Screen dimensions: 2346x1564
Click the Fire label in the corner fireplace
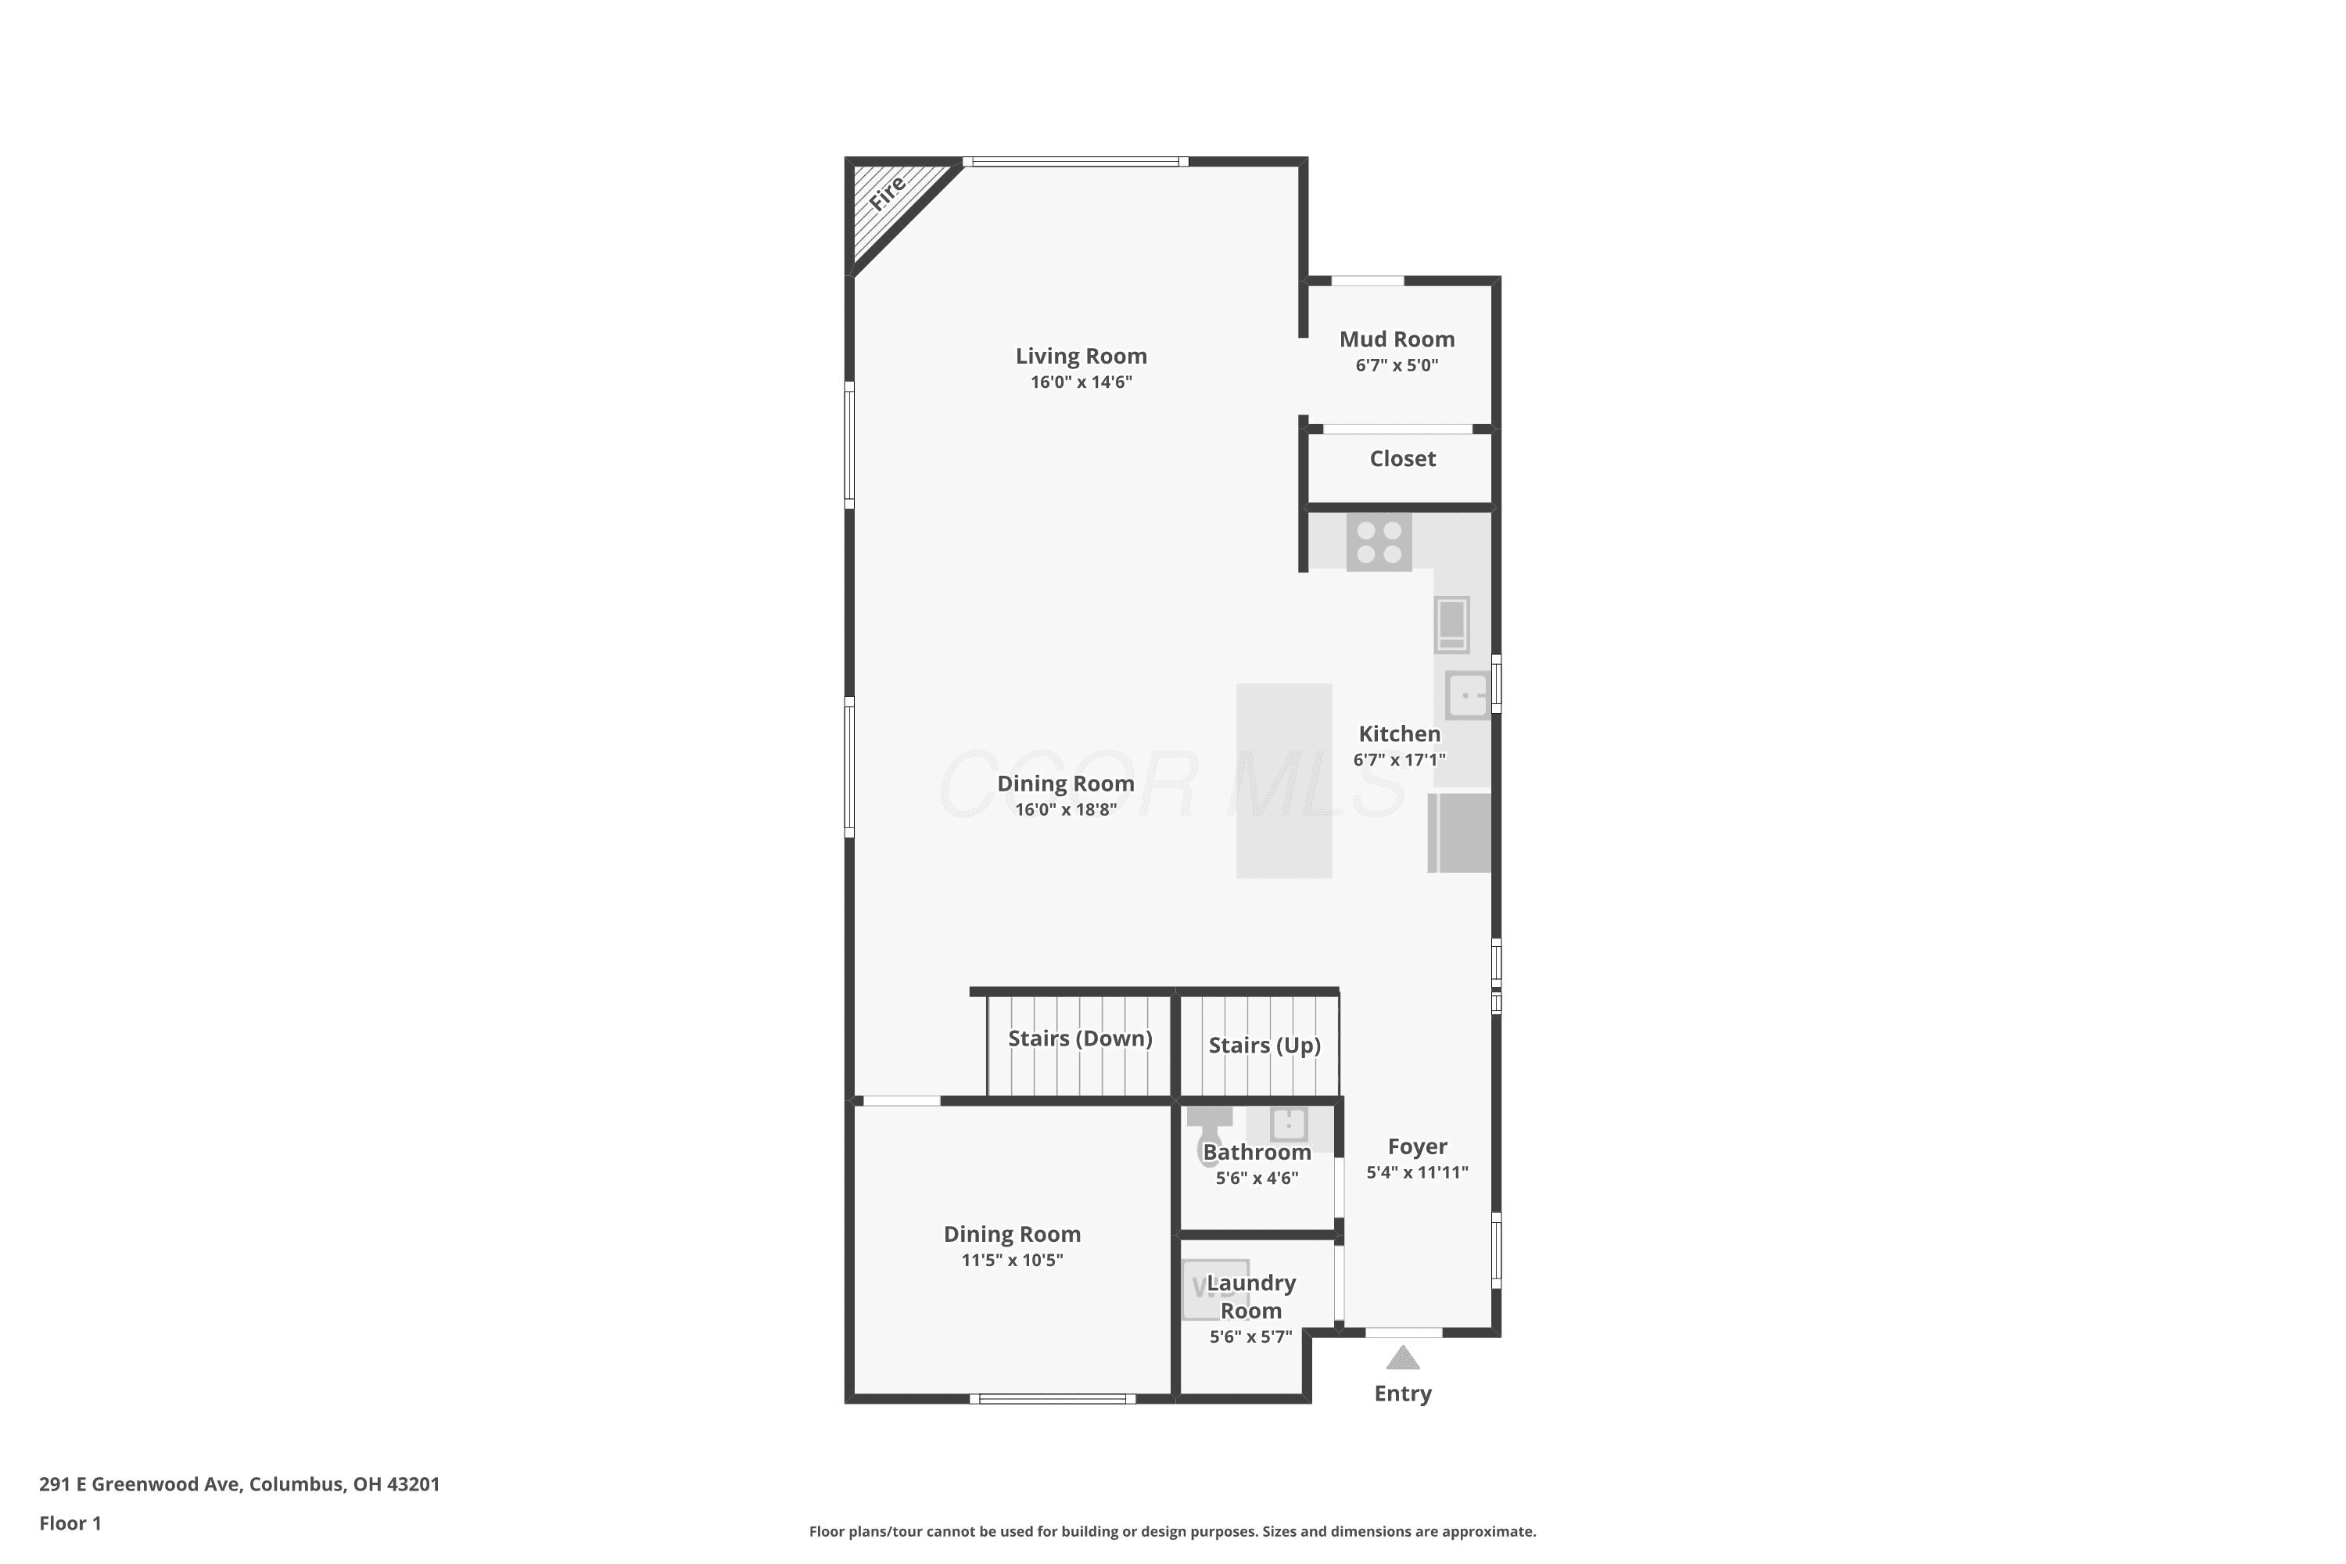(887, 192)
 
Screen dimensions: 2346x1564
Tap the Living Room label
(1082, 356)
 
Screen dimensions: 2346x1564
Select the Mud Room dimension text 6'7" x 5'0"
(1397, 365)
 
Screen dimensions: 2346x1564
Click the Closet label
(1402, 459)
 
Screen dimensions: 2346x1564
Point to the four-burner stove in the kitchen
(1379, 543)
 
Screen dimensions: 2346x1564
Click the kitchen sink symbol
(1467, 695)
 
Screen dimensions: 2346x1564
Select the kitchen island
(1285, 781)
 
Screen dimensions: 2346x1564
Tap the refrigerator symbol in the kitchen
(1460, 833)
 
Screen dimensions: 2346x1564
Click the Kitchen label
(1400, 734)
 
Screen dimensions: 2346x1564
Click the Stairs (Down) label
(1080, 1038)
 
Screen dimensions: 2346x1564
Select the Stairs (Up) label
(1264, 1046)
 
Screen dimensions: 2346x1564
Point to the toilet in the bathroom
(1209, 1136)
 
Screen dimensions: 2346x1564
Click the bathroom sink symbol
(1289, 1125)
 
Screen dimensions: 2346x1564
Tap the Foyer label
(1417, 1147)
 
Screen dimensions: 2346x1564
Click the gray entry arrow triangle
(1402, 1358)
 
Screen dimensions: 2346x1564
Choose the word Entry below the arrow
(1402, 1394)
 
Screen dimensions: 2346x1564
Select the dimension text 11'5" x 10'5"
(1013, 1261)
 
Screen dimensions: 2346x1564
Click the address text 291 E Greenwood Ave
(140, 1484)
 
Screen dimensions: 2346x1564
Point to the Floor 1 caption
(70, 1523)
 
